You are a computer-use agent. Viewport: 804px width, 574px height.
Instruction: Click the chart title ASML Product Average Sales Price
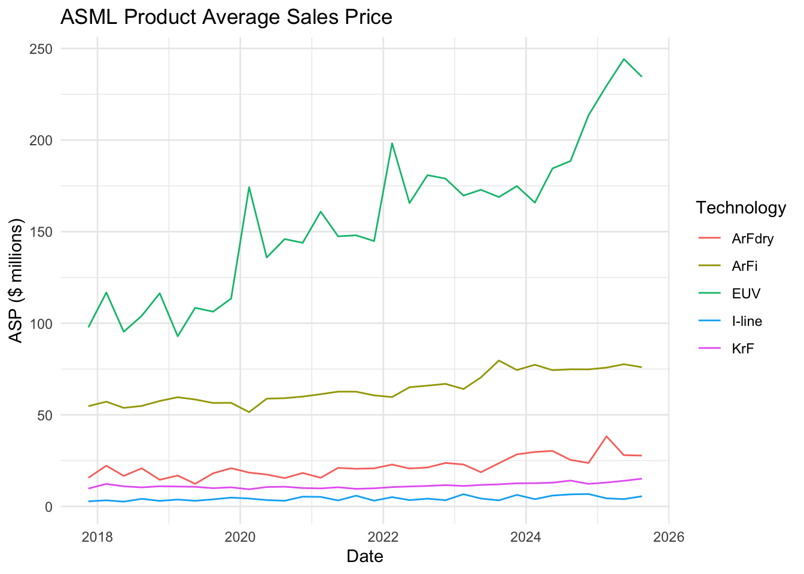coord(226,17)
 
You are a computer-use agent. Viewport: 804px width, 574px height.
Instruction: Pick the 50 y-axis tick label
coord(45,415)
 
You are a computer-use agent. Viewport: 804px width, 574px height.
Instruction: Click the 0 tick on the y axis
coord(49,506)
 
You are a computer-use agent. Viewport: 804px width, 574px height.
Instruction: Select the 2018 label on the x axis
coord(98,536)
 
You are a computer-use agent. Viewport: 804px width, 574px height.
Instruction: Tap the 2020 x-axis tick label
coord(240,536)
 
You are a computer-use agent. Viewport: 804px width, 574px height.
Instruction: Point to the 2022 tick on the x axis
coord(383,536)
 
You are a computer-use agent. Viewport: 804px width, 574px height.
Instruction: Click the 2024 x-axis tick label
coord(526,536)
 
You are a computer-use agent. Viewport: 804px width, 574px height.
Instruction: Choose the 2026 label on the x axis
coord(669,536)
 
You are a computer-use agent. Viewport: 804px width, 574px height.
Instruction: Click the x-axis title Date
coord(365,557)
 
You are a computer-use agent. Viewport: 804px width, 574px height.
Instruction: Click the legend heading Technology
coord(741,207)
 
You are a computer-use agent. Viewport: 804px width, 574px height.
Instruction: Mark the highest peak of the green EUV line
coord(624,59)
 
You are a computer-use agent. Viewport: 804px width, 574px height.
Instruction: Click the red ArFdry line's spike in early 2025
coord(607,436)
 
